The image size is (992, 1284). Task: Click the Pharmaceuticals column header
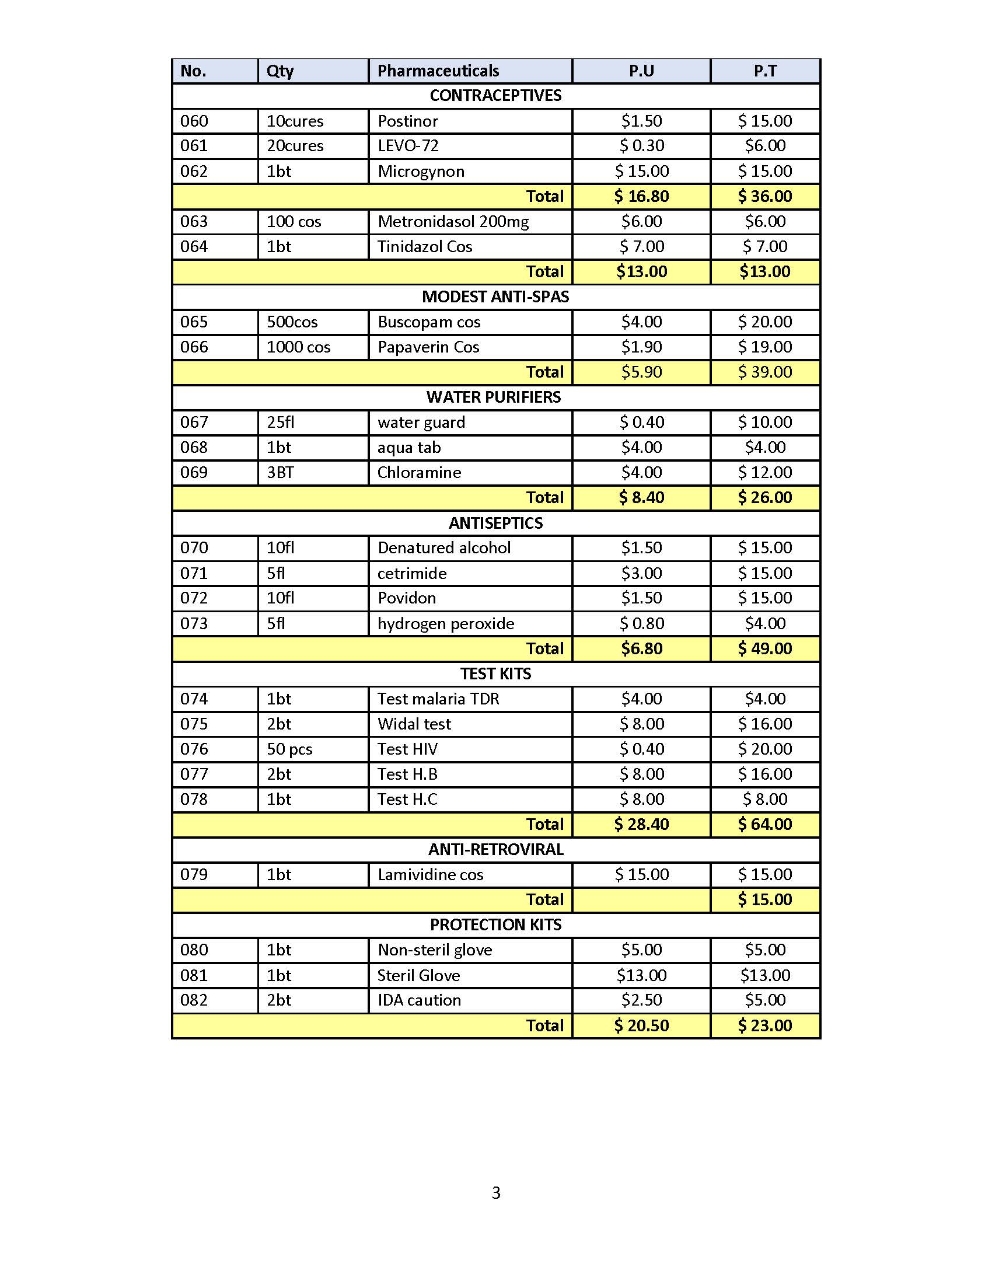tap(438, 71)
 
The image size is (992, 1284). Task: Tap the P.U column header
tap(641, 71)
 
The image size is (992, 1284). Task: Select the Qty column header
tap(280, 71)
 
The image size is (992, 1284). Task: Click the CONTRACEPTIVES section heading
tap(495, 96)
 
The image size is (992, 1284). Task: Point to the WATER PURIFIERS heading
tap(494, 397)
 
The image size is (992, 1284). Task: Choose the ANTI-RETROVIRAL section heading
tap(495, 850)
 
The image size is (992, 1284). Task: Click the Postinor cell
tap(408, 121)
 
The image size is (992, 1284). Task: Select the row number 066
tap(194, 347)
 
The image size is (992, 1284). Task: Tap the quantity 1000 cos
tap(299, 347)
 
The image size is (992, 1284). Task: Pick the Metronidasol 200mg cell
tap(453, 222)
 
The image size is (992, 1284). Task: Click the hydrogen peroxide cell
tap(445, 623)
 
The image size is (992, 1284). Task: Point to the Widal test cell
tap(414, 724)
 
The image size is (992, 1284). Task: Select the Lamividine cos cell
tap(430, 875)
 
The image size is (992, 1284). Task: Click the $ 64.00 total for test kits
tap(764, 824)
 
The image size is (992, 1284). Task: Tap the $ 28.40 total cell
tap(641, 824)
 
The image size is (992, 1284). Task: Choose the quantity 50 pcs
tap(290, 749)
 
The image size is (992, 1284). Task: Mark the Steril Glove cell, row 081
tap(418, 975)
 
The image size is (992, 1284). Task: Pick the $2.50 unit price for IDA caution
tap(641, 1000)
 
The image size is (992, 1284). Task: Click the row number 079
tap(194, 875)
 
